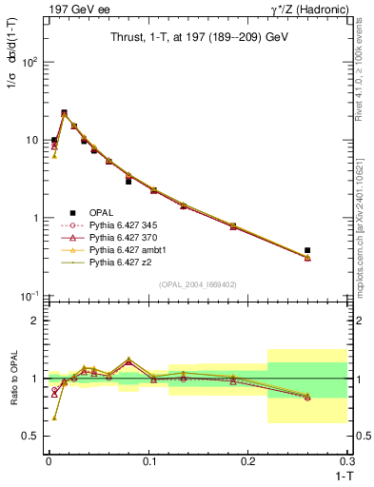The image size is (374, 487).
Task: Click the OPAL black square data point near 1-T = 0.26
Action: click(307, 250)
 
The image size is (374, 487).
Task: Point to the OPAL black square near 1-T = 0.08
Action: click(128, 181)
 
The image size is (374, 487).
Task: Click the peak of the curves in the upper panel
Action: click(64, 114)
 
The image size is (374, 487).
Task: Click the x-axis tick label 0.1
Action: click(148, 460)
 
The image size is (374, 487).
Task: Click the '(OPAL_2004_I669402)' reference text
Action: click(195, 283)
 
